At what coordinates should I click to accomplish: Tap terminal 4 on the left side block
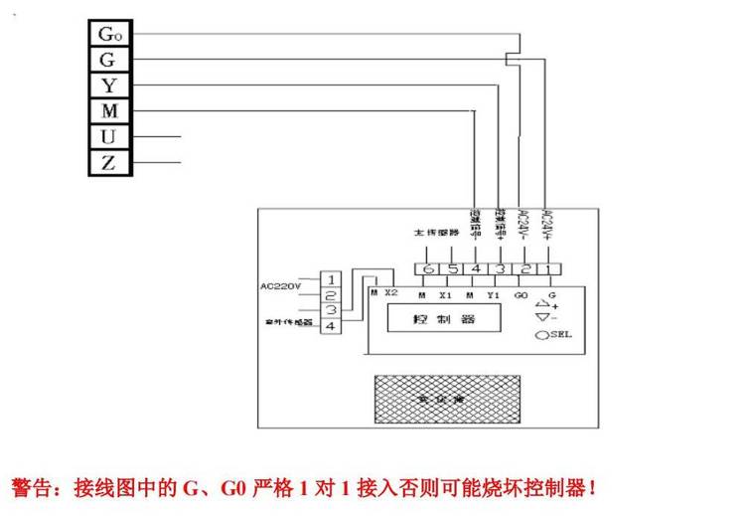pyautogui.click(x=330, y=326)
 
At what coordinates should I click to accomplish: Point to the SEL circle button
pyautogui.click(x=542, y=335)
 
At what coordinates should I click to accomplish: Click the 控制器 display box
pyautogui.click(x=445, y=320)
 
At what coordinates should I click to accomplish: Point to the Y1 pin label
pyautogui.click(x=493, y=294)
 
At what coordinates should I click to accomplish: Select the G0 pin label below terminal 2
pyautogui.click(x=521, y=294)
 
